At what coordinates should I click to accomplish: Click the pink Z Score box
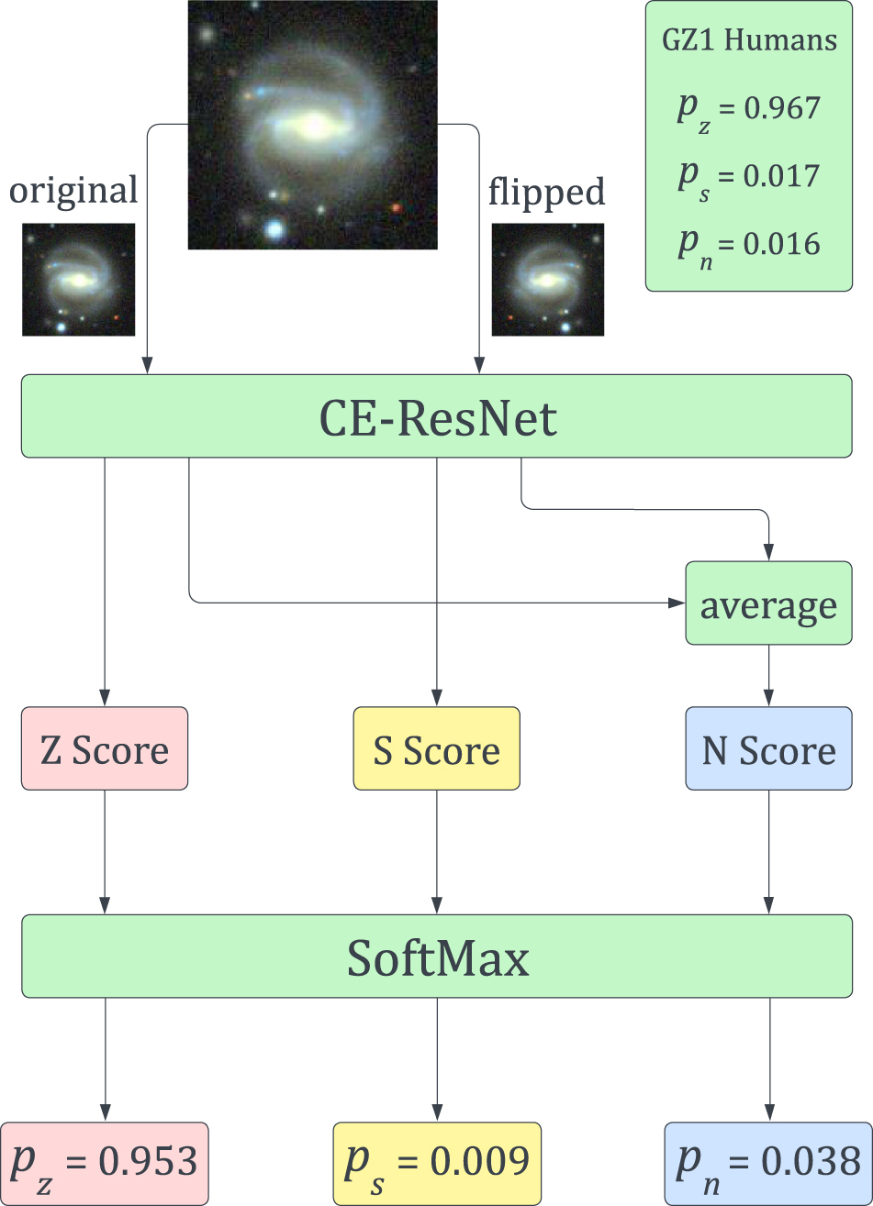(x=105, y=748)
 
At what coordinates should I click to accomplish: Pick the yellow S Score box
(x=437, y=748)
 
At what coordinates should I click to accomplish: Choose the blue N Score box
(x=768, y=748)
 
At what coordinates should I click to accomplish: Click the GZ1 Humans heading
(x=749, y=41)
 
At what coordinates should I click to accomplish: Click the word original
(x=73, y=191)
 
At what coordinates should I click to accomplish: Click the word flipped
(x=546, y=192)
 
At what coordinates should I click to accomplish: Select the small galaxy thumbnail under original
(x=78, y=279)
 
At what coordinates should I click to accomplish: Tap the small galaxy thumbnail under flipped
(x=548, y=279)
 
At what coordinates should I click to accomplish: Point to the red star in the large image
(x=397, y=208)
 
